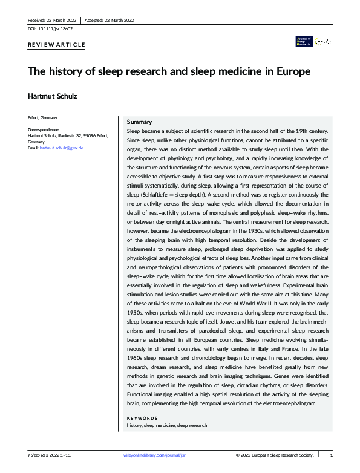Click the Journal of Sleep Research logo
pyautogui.click(x=303, y=41)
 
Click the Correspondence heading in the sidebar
pyautogui.click(x=44, y=130)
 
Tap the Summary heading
pyautogui.click(x=139, y=122)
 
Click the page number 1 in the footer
pyautogui.click(x=331, y=454)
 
